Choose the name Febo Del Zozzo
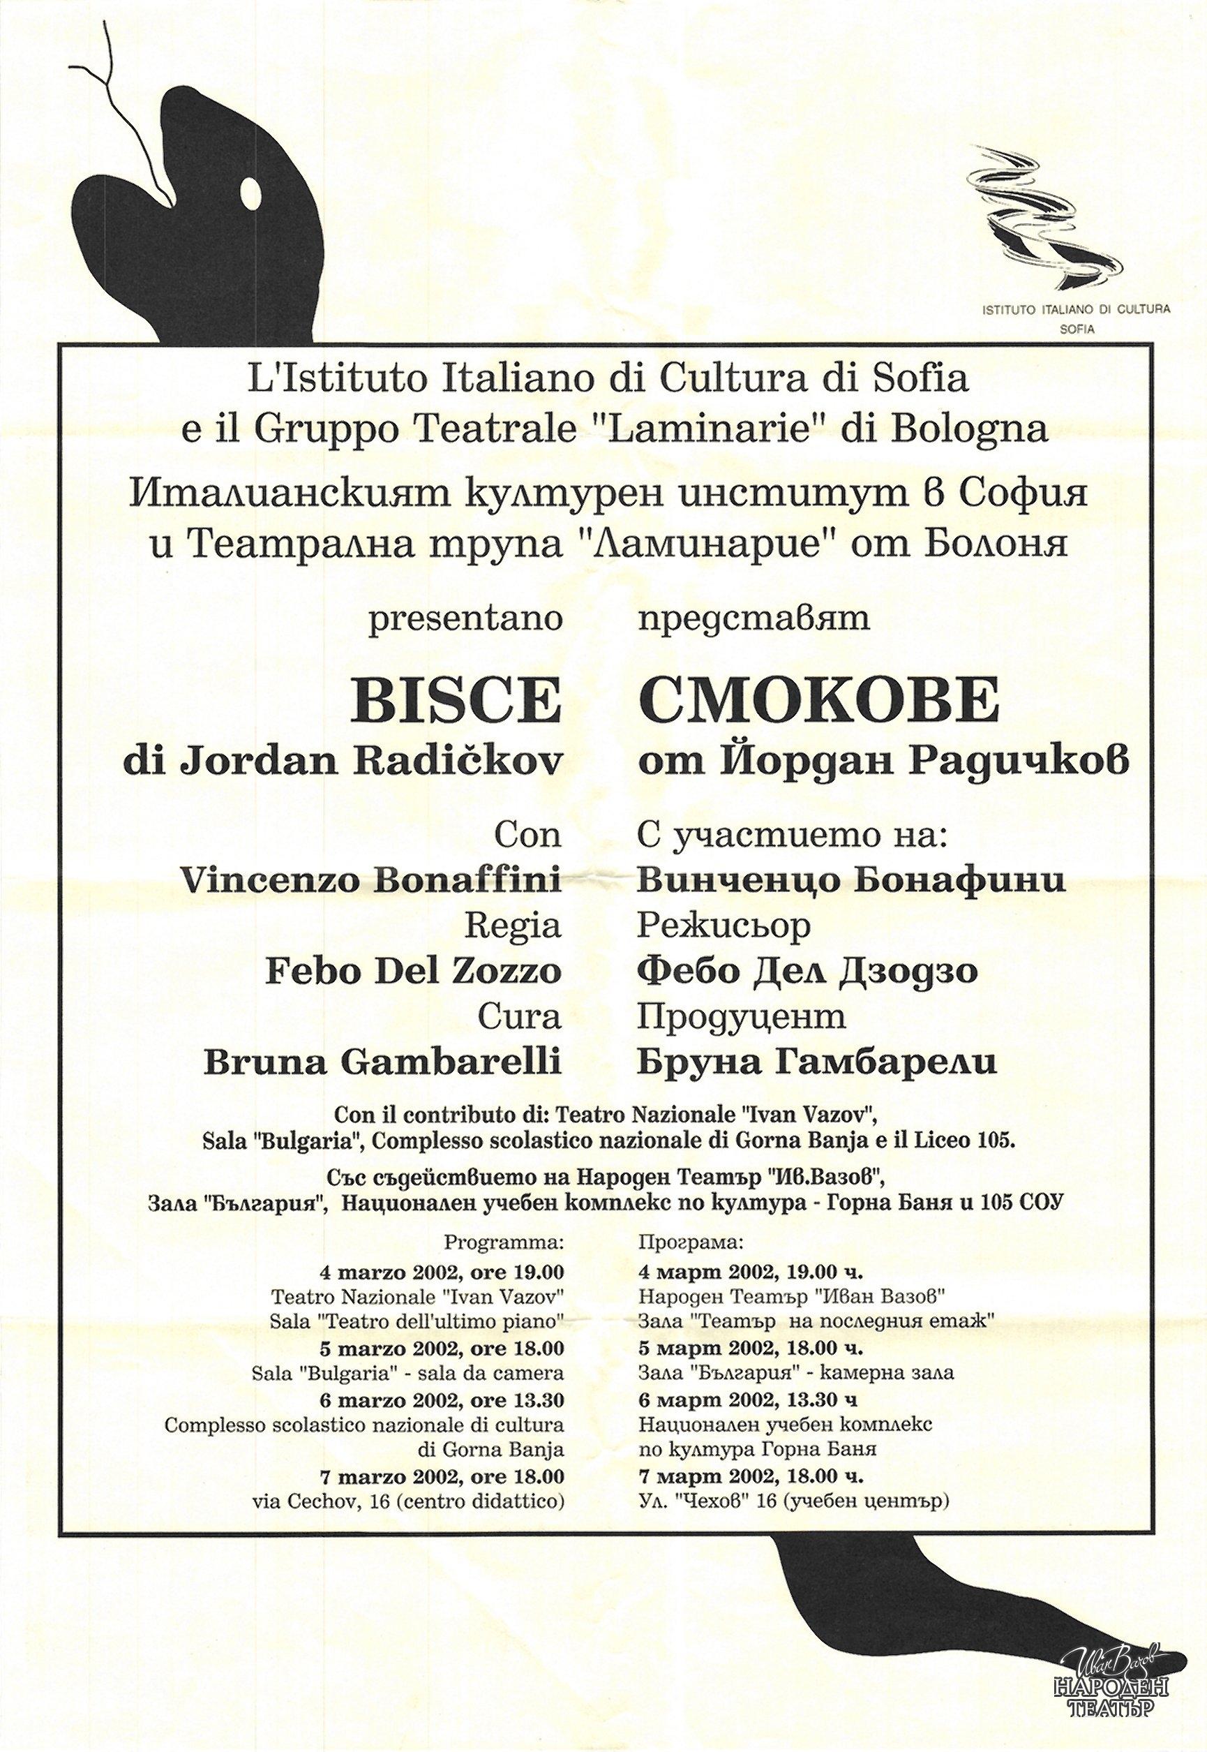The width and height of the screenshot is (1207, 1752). coord(414,970)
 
